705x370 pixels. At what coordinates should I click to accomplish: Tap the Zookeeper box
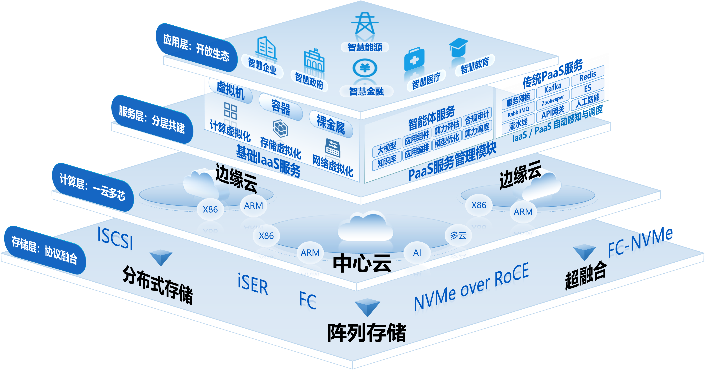coord(553,100)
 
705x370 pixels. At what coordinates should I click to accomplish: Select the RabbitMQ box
coord(518,112)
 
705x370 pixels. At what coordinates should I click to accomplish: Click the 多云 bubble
coord(458,235)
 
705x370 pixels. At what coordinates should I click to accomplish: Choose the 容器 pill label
coord(281,107)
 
